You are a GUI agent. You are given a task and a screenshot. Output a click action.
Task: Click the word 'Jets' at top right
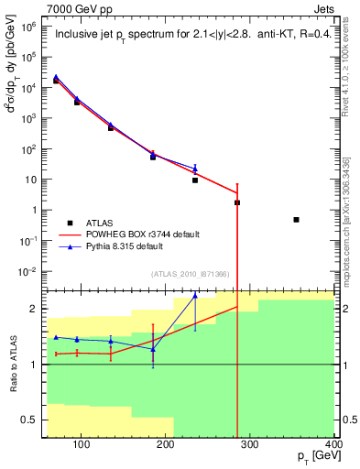pyautogui.click(x=324, y=7)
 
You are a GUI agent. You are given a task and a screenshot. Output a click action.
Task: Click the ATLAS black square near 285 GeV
pyautogui.click(x=237, y=202)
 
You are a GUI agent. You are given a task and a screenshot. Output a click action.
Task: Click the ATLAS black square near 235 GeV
pyautogui.click(x=195, y=180)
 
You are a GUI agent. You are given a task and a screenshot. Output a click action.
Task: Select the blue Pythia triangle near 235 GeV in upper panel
pyautogui.click(x=195, y=168)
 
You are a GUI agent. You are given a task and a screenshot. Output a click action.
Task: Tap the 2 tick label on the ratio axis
pyautogui.click(x=35, y=309)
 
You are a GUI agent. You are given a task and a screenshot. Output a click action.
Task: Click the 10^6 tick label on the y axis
pyautogui.click(x=28, y=27)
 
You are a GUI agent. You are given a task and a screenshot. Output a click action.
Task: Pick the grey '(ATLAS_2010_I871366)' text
pyautogui.click(x=191, y=275)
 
